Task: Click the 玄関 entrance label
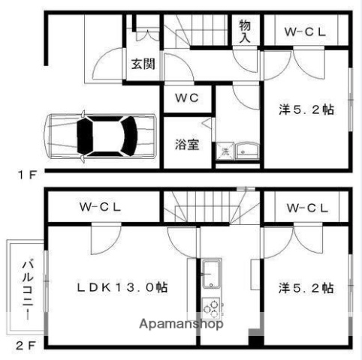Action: pos(143,64)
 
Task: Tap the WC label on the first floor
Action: pos(187,98)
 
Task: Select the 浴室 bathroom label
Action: pos(188,143)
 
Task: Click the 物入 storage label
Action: pos(246,31)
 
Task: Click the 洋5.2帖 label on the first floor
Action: pos(306,109)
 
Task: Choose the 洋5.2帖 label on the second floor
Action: pos(306,287)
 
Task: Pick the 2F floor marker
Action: pos(26,346)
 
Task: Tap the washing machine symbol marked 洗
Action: pos(225,152)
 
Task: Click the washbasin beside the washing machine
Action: pos(246,152)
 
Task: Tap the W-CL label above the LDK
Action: pos(101,208)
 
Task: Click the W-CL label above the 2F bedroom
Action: pos(306,208)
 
